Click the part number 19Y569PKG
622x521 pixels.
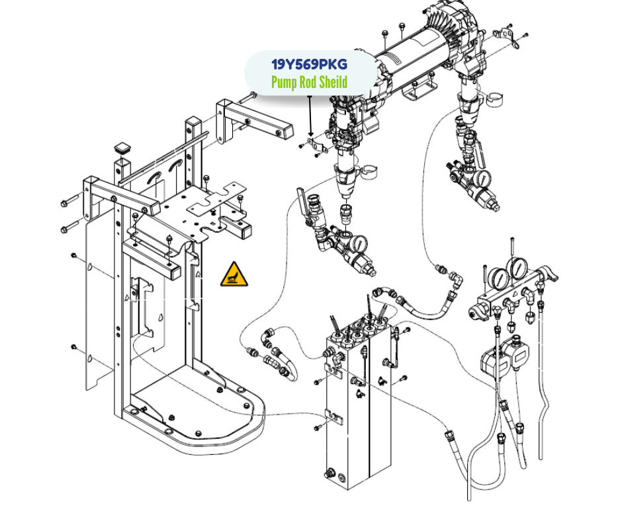(x=309, y=65)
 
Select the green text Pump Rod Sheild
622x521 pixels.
(x=309, y=83)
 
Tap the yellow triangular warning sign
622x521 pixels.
(x=235, y=275)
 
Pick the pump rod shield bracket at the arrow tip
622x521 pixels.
(x=316, y=146)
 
